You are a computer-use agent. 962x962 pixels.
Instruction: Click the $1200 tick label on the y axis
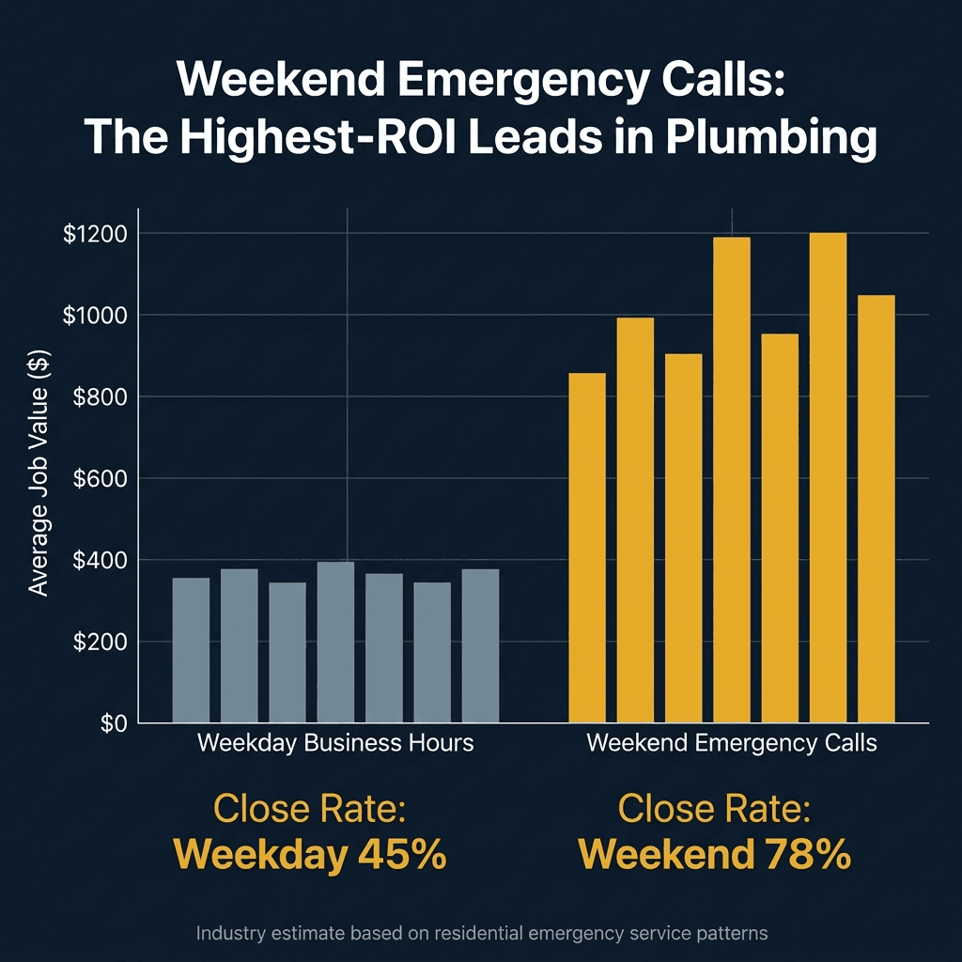coord(97,233)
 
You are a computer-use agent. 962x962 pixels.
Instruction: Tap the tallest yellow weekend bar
coord(828,478)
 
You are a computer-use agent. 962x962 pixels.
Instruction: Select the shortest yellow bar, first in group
coord(587,548)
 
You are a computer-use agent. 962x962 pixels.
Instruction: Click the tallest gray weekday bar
coord(335,642)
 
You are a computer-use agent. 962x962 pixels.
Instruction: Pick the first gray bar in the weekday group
coord(191,650)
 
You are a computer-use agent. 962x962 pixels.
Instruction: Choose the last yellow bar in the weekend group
coord(876,508)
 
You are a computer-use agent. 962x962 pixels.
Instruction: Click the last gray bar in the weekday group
coord(480,645)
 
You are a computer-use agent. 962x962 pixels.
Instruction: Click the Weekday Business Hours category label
coord(335,743)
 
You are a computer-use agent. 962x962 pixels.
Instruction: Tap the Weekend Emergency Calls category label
coord(731,743)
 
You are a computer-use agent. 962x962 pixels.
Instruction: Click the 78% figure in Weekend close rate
coord(805,855)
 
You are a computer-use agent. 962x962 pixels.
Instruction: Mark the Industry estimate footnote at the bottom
coord(482,933)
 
